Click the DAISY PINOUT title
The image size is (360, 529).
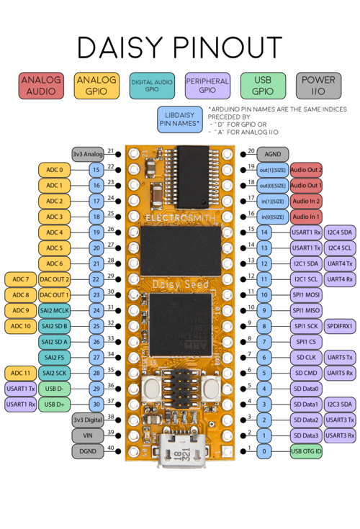180,47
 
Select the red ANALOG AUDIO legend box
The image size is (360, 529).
41,86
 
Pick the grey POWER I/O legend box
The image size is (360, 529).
318,86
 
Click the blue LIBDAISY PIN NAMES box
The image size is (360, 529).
180,119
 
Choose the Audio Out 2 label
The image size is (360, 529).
306,170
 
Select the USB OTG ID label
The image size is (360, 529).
306,451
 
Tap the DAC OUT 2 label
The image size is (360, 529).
55,279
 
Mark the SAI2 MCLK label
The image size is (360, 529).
55,310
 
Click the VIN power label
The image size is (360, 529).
87,435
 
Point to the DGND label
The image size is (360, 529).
87,451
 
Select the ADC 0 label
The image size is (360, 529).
55,170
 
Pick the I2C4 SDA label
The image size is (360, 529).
339,232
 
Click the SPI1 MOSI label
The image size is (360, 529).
306,295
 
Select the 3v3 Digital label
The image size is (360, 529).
87,420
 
